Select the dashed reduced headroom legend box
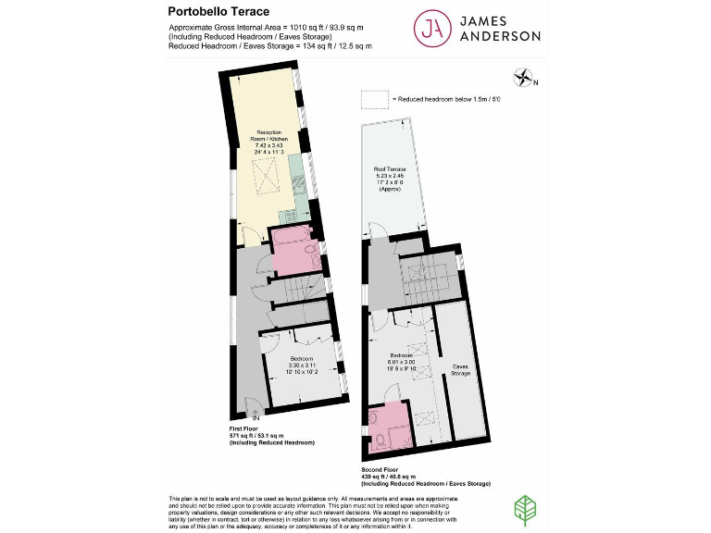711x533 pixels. [x=374, y=99]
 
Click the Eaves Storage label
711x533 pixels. [x=460, y=369]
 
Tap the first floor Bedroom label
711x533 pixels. [x=302, y=358]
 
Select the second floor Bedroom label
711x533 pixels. [x=401, y=354]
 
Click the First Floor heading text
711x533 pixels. [x=247, y=429]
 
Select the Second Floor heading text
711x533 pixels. [x=382, y=469]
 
